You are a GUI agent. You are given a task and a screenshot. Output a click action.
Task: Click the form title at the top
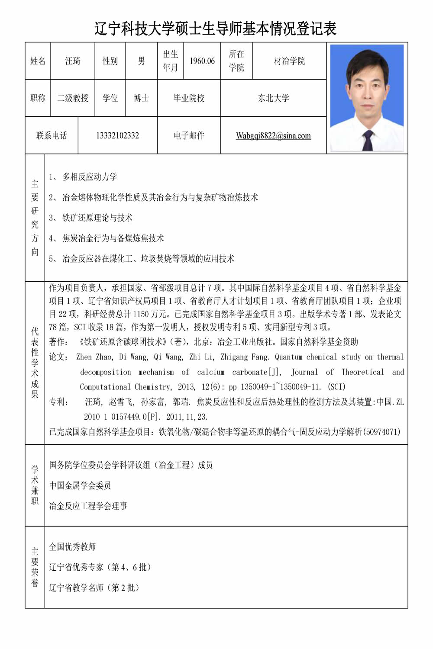[x=216, y=29]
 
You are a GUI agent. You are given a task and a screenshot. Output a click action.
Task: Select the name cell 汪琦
[x=73, y=61]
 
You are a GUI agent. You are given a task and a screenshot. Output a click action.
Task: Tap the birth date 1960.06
[x=202, y=61]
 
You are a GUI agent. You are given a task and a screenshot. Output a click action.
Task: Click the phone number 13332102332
[x=117, y=135]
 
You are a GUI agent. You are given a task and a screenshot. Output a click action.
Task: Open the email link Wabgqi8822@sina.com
[x=273, y=135]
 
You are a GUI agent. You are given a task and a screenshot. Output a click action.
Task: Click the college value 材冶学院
[x=289, y=61]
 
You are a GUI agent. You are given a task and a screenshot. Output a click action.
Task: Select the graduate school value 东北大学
[x=273, y=98]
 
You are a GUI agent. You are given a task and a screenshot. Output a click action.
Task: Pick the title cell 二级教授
[x=73, y=98]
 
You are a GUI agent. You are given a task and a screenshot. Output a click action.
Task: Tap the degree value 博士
[x=141, y=98]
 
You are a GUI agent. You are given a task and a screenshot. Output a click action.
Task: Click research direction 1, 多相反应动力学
[x=90, y=177]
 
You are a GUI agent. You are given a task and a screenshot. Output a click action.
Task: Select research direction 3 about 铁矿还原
[x=97, y=218]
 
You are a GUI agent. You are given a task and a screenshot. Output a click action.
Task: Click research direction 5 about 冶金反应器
[x=148, y=259]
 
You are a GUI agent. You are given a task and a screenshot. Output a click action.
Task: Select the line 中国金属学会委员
[x=80, y=485]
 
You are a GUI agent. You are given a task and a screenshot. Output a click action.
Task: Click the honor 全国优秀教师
[x=72, y=547]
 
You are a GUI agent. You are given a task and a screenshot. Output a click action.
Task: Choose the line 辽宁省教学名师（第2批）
[x=94, y=588]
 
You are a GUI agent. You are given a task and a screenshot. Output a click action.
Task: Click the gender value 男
[x=141, y=61]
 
